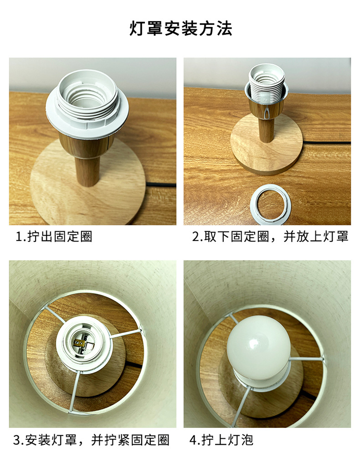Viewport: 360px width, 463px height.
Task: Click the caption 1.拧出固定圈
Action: coord(54,237)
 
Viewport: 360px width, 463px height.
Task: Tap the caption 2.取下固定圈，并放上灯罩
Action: coord(270,237)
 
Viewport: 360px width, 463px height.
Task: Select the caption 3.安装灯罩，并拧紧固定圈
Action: coord(91,440)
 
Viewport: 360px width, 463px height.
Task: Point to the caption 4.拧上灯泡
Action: coord(221,440)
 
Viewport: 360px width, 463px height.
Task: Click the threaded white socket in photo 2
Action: coord(266,84)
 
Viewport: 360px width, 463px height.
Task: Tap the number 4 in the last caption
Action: coord(193,440)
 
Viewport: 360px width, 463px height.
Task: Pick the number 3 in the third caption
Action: coord(17,440)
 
